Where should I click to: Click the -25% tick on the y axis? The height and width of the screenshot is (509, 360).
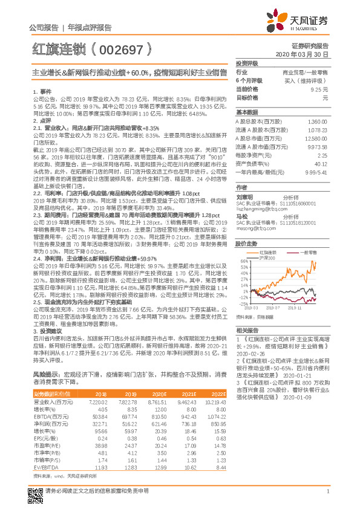pos(243,304)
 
